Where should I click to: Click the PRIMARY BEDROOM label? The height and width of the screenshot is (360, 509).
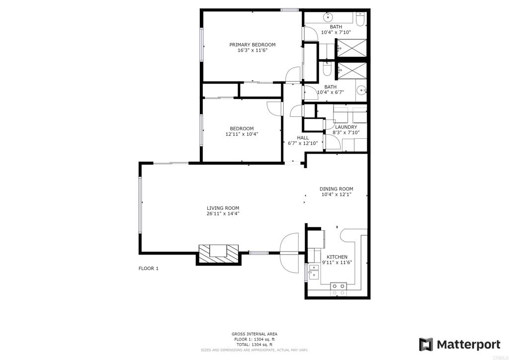point(252,45)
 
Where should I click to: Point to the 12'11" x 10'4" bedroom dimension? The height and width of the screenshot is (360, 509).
point(242,134)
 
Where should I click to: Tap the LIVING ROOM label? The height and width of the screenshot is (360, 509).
point(223,208)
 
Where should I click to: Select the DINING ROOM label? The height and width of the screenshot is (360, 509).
point(337,189)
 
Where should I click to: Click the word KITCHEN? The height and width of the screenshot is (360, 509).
point(337,257)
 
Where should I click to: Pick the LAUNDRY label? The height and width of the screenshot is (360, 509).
point(346,127)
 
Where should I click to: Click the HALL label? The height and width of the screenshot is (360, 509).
point(303,138)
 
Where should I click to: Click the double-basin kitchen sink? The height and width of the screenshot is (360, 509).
point(314,272)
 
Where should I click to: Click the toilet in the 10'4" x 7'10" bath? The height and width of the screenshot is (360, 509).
point(360,19)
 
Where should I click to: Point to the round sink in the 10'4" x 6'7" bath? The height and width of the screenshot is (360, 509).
point(361,90)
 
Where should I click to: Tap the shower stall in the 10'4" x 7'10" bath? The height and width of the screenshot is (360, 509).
point(352,48)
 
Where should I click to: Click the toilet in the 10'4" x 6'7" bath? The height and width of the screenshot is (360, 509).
point(327,69)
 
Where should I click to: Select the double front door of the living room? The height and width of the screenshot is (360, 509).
point(289,253)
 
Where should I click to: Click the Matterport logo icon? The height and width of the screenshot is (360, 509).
point(426,345)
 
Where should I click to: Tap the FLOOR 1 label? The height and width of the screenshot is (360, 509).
point(148,269)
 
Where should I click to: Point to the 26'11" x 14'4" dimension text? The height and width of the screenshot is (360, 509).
point(223,214)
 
